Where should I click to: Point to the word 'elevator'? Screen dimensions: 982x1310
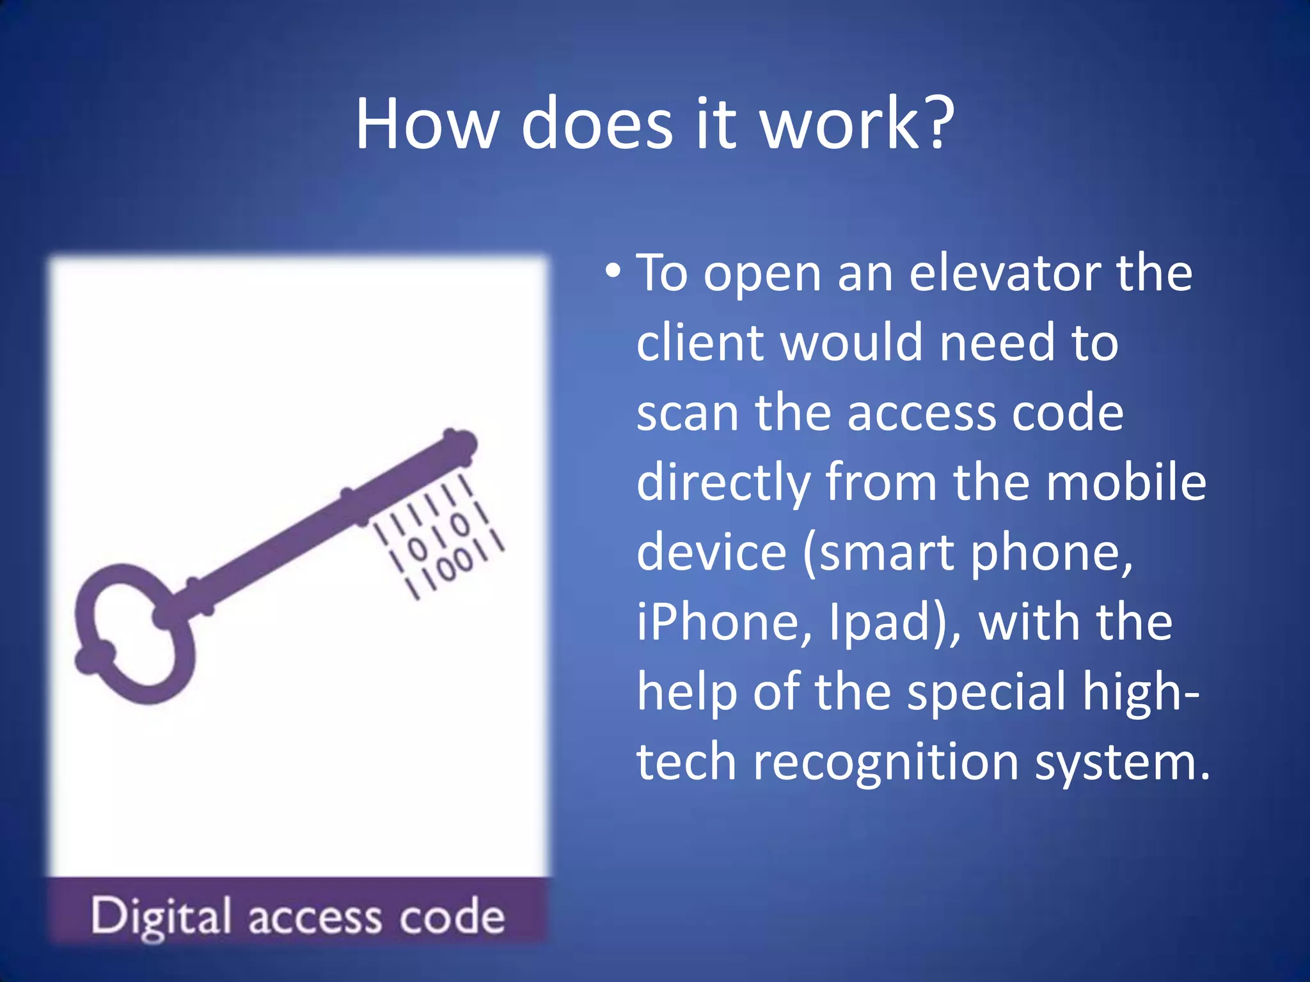[1004, 273]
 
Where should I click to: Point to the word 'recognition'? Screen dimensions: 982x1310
[885, 763]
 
